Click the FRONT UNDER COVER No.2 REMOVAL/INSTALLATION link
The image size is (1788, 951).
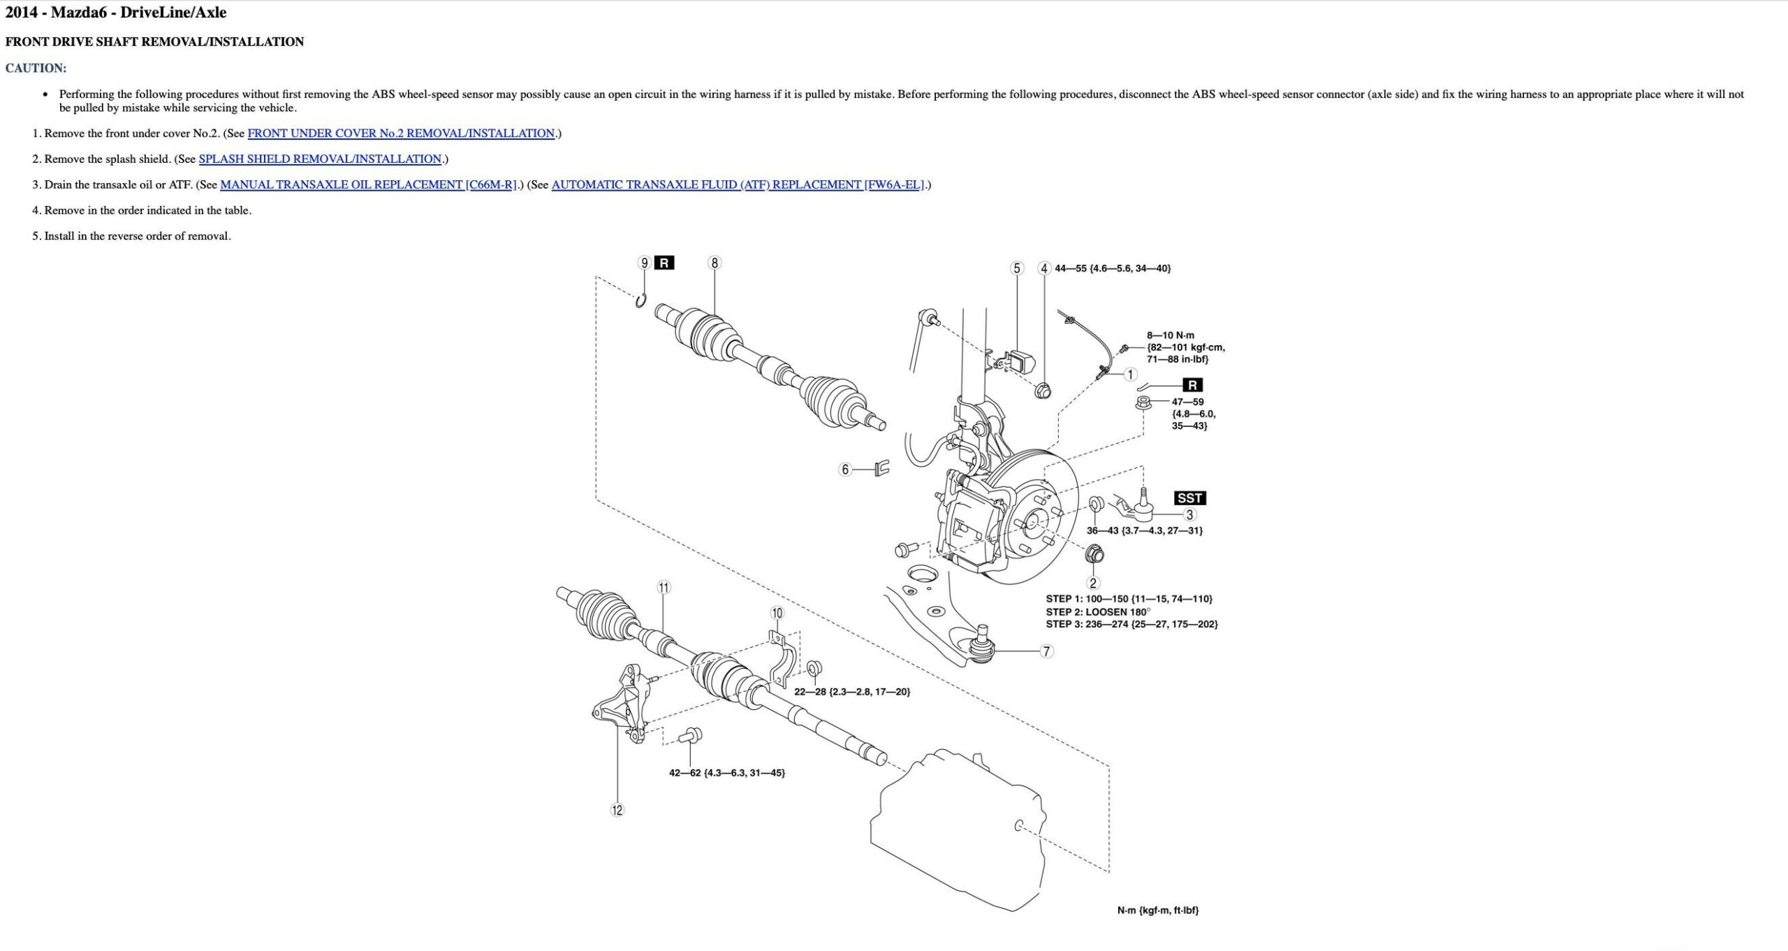pos(401,133)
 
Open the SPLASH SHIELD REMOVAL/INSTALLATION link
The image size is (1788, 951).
pos(320,159)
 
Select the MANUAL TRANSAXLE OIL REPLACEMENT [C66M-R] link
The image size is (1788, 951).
pos(368,185)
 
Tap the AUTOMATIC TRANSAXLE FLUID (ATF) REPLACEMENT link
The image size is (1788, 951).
pos(738,185)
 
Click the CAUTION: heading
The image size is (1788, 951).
pos(36,68)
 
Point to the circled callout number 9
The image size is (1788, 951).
pos(644,263)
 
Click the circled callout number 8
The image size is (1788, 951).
pos(714,263)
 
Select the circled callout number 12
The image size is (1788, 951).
pos(617,811)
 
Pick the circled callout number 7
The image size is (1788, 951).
pos(1046,652)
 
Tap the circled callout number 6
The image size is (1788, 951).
pos(845,470)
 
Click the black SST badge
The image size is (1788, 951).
pos(1189,498)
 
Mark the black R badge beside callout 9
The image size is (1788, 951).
pos(664,263)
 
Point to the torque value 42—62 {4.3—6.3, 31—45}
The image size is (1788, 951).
pos(726,773)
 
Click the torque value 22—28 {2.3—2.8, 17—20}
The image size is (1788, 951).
pos(852,692)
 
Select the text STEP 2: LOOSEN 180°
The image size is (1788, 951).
pos(1097,612)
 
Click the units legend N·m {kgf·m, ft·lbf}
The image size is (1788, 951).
pos(1157,910)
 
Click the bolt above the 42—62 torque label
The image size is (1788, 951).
pos(691,734)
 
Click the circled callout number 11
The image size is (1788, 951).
pos(664,588)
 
